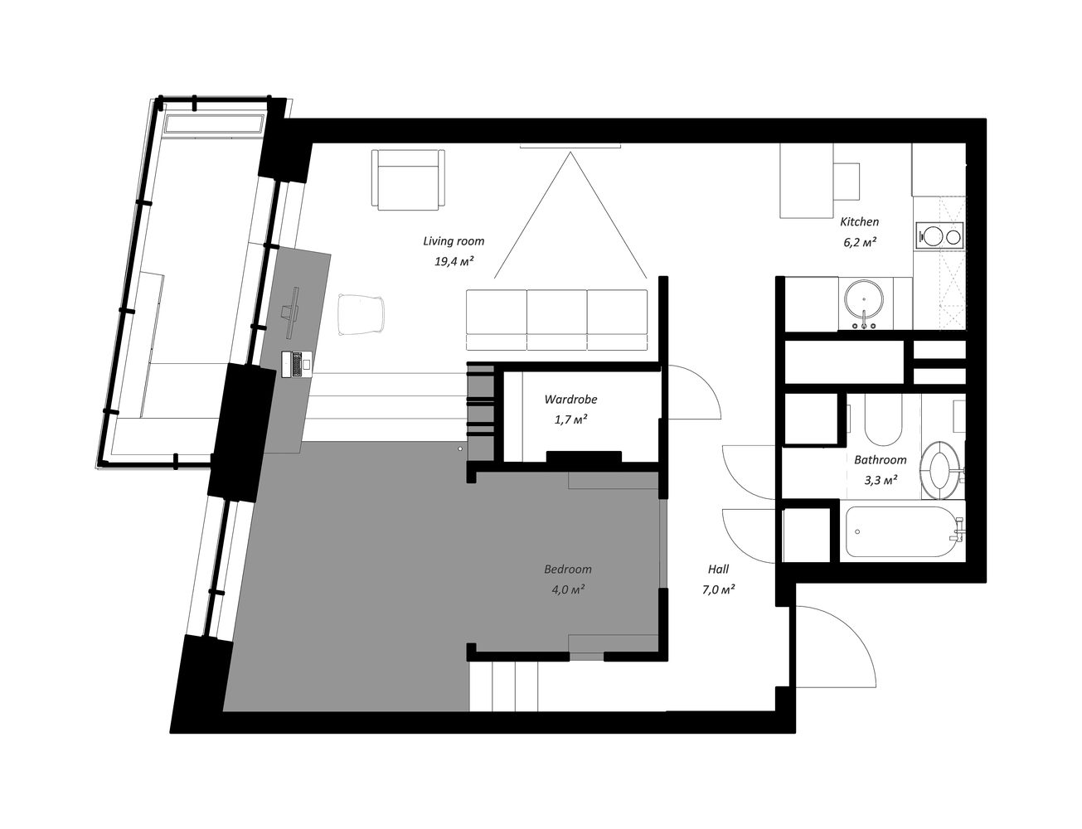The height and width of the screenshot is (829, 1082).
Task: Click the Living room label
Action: click(x=454, y=241)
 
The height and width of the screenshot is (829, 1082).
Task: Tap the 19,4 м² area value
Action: click(x=454, y=262)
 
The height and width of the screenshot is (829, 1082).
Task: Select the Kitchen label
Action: click(x=860, y=221)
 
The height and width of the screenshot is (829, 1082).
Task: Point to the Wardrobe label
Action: click(x=570, y=399)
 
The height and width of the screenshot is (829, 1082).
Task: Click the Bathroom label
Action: click(x=881, y=459)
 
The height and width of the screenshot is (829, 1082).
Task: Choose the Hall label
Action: click(x=719, y=569)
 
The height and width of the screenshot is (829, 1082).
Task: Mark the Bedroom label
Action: click(x=568, y=569)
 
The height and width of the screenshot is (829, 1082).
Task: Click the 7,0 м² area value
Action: click(x=719, y=590)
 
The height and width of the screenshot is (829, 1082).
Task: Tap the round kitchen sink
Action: click(x=864, y=300)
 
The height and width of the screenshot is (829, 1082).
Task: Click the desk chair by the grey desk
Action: click(x=361, y=313)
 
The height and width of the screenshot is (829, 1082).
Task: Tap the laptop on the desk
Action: click(x=297, y=363)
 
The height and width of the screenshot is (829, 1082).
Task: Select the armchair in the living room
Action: click(x=408, y=180)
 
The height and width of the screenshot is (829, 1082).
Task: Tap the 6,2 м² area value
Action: click(x=860, y=242)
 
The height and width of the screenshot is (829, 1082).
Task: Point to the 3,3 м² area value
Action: click(x=881, y=481)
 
